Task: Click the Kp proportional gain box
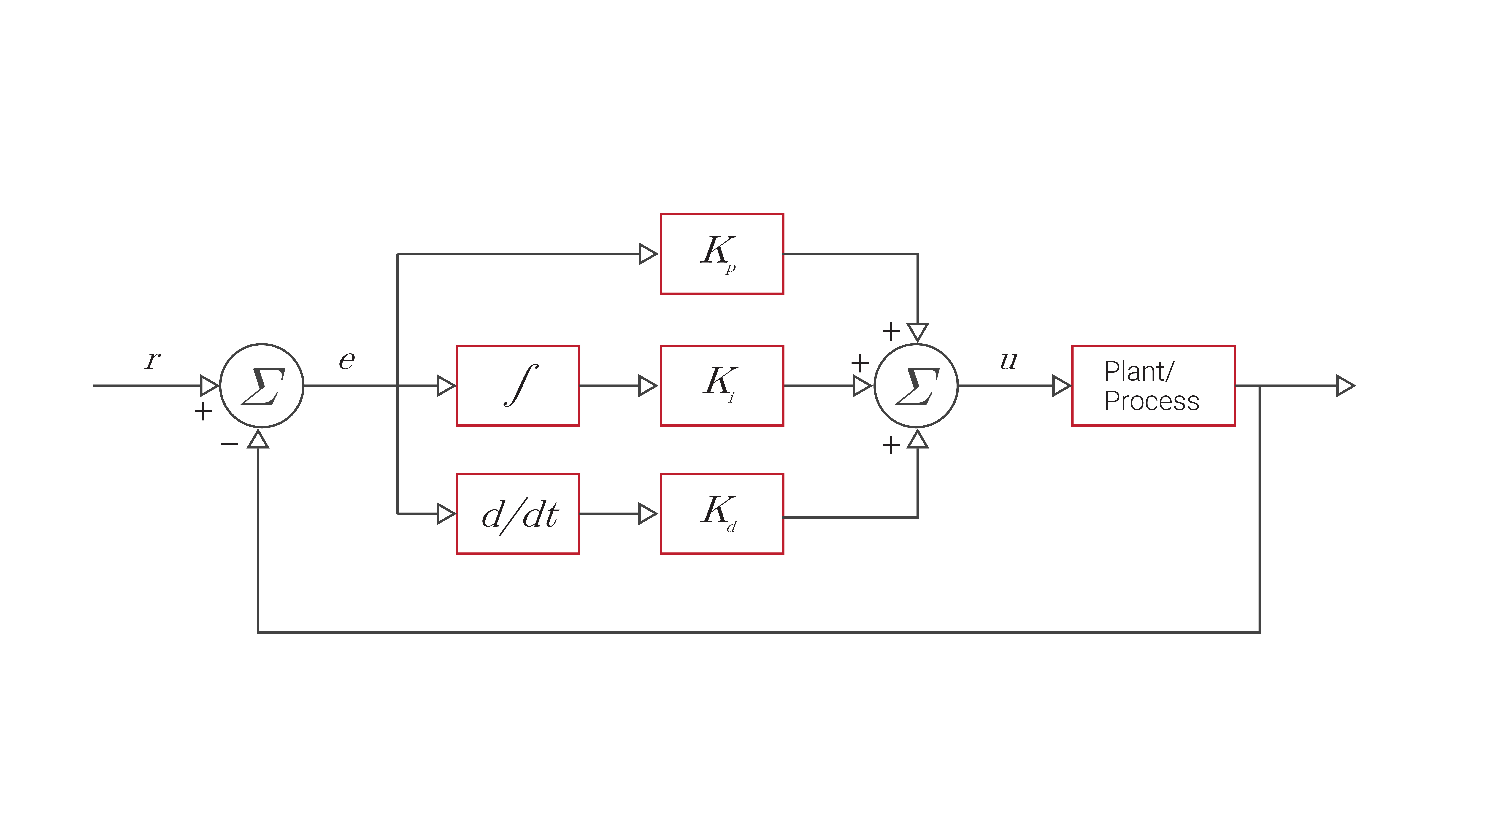[x=721, y=254]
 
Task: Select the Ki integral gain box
[x=721, y=386]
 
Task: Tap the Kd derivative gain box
[x=721, y=513]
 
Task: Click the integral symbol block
[x=518, y=386]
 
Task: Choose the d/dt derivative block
[x=518, y=513]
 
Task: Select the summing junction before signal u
[x=916, y=386]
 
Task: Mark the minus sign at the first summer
[x=229, y=444]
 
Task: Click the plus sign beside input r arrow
[x=203, y=412]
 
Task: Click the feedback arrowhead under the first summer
[x=258, y=440]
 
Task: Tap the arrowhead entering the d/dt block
[x=445, y=513]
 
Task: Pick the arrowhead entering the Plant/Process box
[x=1061, y=386]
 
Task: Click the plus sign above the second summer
[x=891, y=331]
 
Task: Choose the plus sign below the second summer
[x=891, y=445]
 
